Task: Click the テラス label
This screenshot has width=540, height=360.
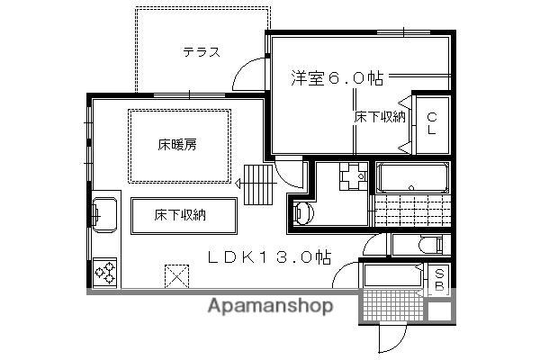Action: [202, 51]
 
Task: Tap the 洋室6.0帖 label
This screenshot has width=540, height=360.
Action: [337, 77]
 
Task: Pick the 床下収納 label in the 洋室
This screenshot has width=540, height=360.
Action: [379, 116]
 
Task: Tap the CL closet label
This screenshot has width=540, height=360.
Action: [431, 122]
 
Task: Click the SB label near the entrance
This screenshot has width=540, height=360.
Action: [439, 280]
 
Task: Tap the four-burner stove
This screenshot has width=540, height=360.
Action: [104, 271]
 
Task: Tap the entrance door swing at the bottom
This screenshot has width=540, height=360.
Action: [393, 337]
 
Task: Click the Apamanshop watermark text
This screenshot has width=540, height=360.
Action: [270, 306]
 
